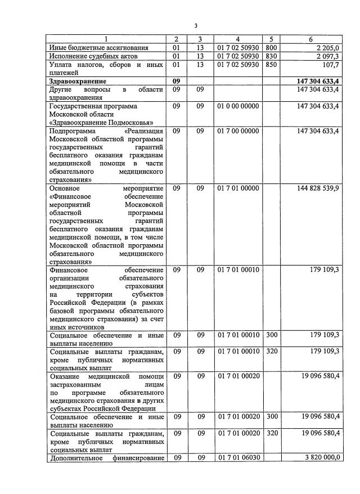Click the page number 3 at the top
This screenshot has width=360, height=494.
[x=196, y=26]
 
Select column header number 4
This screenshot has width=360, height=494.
[x=238, y=39]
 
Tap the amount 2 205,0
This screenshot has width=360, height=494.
[x=326, y=48]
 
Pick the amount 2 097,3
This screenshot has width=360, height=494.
[x=326, y=56]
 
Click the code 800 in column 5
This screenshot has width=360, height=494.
[x=271, y=48]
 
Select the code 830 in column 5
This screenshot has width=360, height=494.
[x=271, y=56]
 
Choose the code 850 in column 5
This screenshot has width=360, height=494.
[x=271, y=65]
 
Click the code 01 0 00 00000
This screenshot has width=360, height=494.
[x=238, y=106]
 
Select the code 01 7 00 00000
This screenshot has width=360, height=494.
[x=238, y=131]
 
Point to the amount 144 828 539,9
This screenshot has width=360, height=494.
[x=318, y=188]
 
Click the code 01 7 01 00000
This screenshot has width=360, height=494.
[x=238, y=188]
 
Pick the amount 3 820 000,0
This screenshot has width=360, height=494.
[x=322, y=457]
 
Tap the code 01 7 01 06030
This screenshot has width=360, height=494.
[x=238, y=457]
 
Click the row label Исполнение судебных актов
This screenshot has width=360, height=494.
[x=93, y=56]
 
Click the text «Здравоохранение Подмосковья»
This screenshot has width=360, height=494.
[x=101, y=122]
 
